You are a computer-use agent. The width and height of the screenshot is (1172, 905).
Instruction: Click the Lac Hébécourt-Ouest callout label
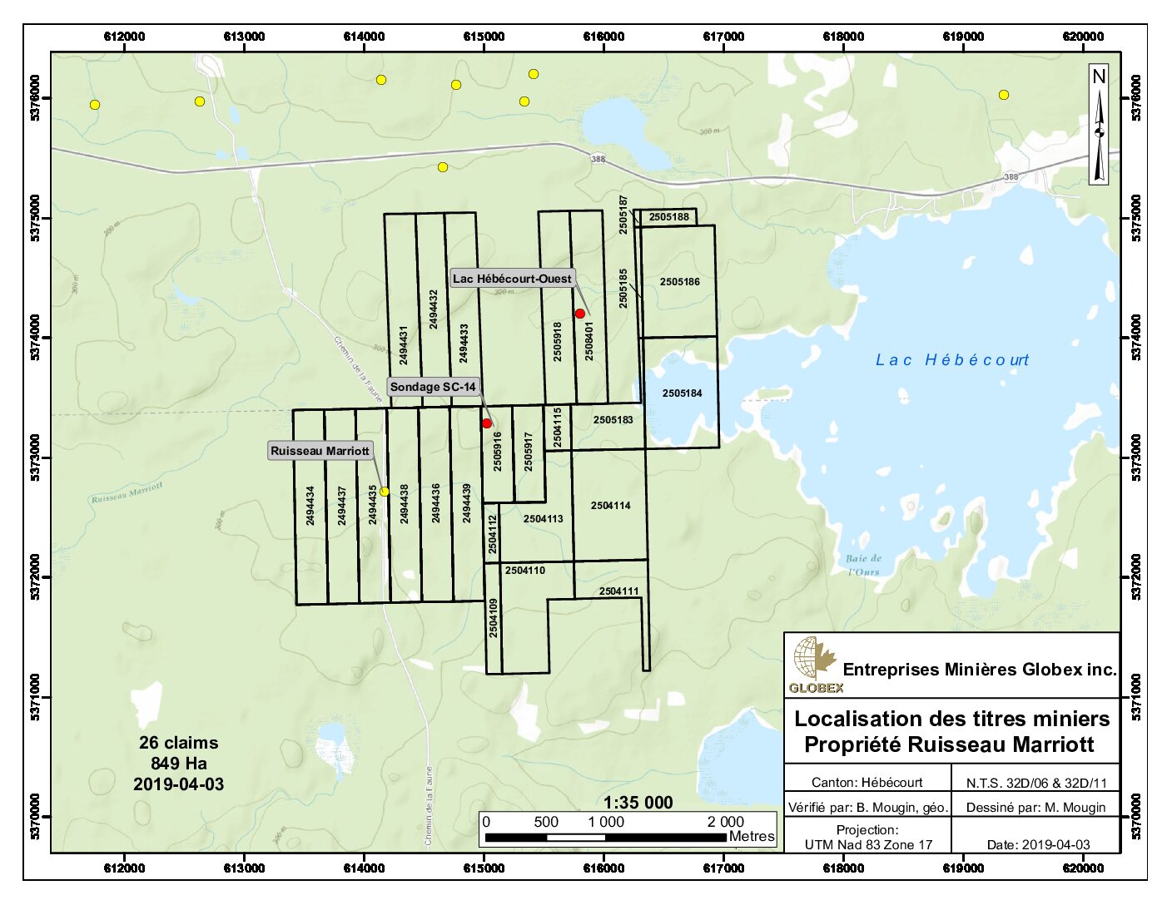[x=512, y=279]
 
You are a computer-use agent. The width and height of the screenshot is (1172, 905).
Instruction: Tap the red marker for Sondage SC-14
[x=487, y=423]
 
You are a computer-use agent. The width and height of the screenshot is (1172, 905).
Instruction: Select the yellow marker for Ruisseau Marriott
[x=385, y=492]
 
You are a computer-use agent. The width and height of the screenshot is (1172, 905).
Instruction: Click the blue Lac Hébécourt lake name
[x=952, y=360]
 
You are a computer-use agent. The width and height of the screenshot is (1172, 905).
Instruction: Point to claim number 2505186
[x=679, y=282]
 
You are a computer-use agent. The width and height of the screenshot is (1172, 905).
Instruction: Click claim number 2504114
[x=610, y=506]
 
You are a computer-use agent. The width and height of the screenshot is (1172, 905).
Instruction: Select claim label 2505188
[x=668, y=217]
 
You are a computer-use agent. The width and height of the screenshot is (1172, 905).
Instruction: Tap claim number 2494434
[x=310, y=505]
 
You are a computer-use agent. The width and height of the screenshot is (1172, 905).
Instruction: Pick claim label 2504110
[x=524, y=571]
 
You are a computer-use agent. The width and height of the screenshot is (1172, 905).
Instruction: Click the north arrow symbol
[x=1099, y=125]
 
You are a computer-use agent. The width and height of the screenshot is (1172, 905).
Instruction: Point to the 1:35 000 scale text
[x=638, y=803]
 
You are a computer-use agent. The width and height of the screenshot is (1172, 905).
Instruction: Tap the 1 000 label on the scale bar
[x=605, y=822]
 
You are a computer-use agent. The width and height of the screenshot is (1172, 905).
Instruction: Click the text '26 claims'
[x=178, y=743]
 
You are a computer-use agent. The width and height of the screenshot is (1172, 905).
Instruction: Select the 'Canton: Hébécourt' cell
[x=867, y=783]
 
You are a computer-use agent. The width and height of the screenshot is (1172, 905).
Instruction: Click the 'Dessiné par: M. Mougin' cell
[x=1035, y=807]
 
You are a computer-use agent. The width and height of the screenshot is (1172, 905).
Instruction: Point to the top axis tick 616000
[x=603, y=37]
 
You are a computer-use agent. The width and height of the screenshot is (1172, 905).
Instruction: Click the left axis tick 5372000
[x=36, y=577]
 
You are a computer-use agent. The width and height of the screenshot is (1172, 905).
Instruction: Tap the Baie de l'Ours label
[x=863, y=565]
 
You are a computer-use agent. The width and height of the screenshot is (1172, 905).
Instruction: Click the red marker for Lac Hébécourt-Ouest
[x=580, y=314]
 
